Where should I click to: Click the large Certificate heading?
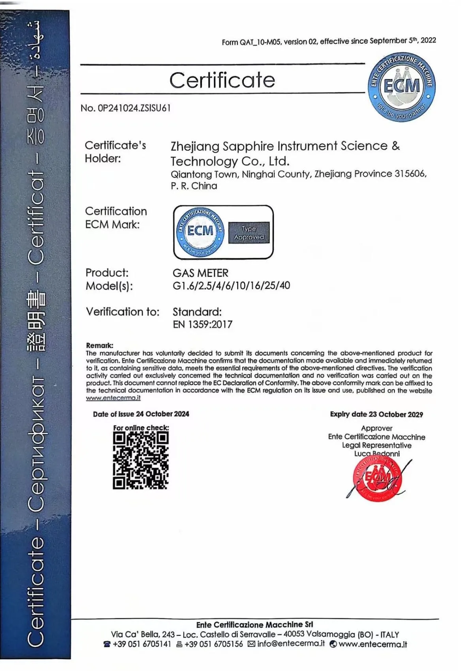pyautogui.click(x=222, y=80)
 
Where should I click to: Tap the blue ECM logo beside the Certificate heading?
pyautogui.click(x=402, y=87)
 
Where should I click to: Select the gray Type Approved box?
pyautogui.click(x=249, y=233)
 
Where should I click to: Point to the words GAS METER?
pyautogui.click(x=201, y=273)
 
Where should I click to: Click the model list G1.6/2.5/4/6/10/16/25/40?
pyautogui.click(x=231, y=285)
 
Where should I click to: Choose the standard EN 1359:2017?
pyautogui.click(x=203, y=324)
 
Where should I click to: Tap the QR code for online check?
pyautogui.click(x=141, y=460)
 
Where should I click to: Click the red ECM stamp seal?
pyautogui.click(x=378, y=479)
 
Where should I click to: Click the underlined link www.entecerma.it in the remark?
pyautogui.click(x=113, y=398)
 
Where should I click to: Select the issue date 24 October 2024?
pyautogui.click(x=162, y=414)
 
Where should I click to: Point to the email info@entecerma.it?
pyautogui.click(x=291, y=644)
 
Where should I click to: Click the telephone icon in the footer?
pyautogui.click(x=107, y=645)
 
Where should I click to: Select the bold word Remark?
pyautogui.click(x=100, y=345)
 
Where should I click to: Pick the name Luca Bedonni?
pyautogui.click(x=377, y=454)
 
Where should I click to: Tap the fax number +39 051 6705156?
pyautogui.click(x=214, y=644)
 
